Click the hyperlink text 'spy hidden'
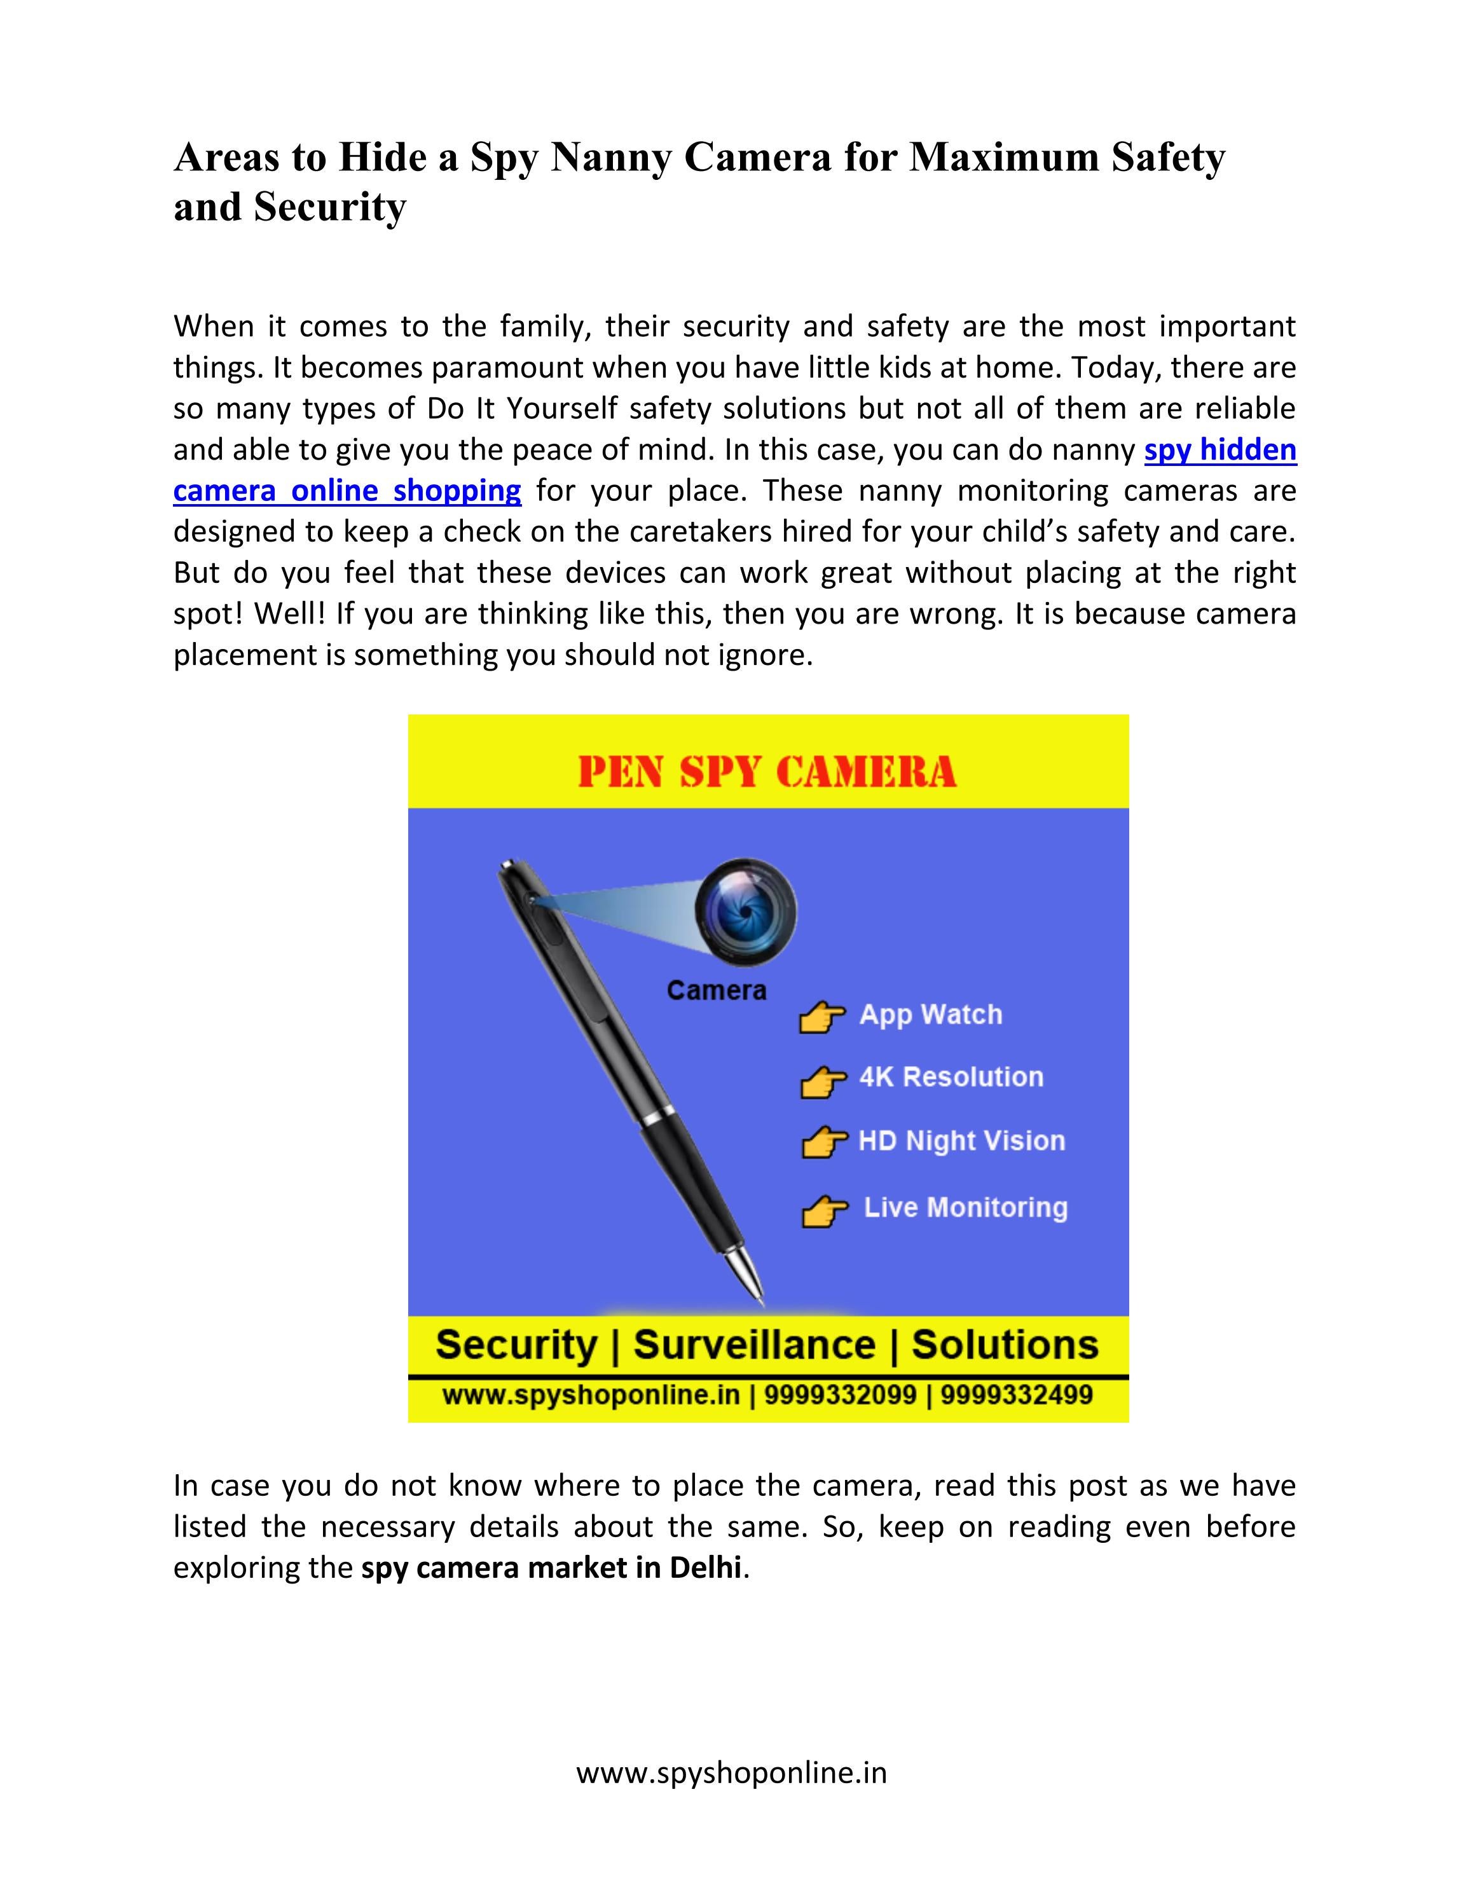1219,450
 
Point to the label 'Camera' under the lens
716,990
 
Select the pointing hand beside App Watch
821,1016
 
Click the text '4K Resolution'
951,1078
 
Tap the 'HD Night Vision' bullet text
961,1141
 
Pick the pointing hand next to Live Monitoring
823,1210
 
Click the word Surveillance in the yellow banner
753,1344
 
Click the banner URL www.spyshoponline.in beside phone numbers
591,1395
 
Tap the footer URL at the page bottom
732,1772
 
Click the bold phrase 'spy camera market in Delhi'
551,1568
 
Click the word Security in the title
330,207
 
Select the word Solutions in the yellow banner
1004,1344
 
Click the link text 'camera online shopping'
347,491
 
